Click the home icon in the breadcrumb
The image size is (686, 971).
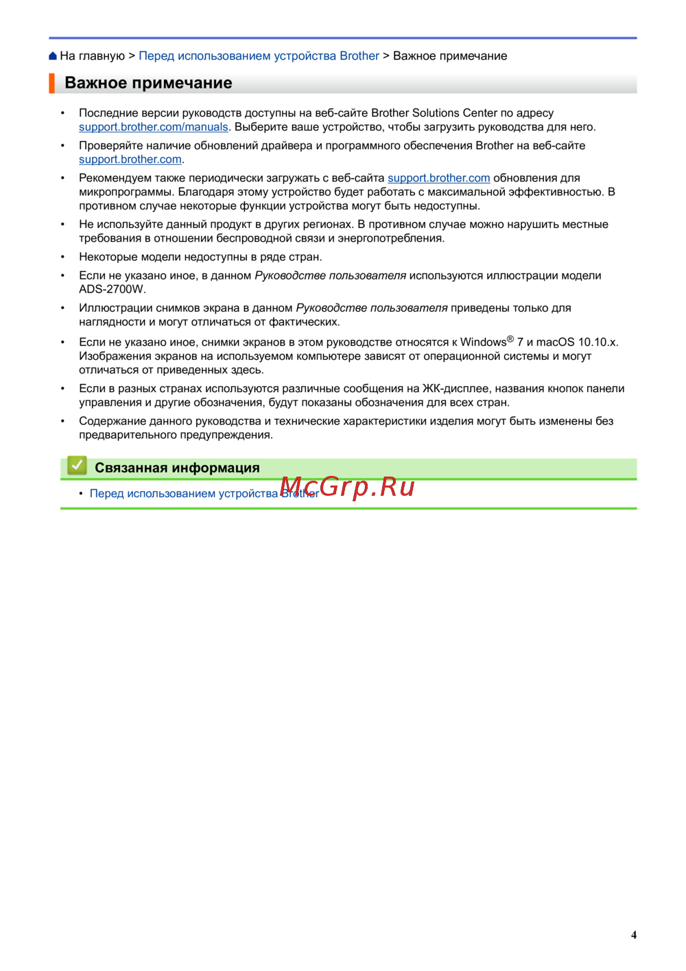[x=53, y=56]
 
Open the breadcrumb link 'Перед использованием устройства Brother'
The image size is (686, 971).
[x=259, y=56]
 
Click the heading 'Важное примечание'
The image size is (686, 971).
[x=148, y=83]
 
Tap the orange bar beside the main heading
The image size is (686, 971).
[x=51, y=83]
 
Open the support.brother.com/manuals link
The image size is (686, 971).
[x=153, y=127]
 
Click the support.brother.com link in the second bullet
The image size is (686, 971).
[x=130, y=159]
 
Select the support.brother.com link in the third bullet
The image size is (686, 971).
[x=438, y=178]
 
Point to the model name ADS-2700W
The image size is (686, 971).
[x=112, y=289]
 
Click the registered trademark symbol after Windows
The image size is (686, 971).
[x=510, y=339]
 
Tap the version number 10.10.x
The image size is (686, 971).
[x=598, y=342]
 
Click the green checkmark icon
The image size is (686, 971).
[x=77, y=466]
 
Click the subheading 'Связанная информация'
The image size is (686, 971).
[x=177, y=468]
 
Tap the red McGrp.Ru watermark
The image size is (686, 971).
[x=348, y=487]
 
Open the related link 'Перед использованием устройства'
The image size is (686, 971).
[x=184, y=494]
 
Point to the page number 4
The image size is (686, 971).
[x=634, y=935]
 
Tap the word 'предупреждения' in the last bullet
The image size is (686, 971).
[x=233, y=435]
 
